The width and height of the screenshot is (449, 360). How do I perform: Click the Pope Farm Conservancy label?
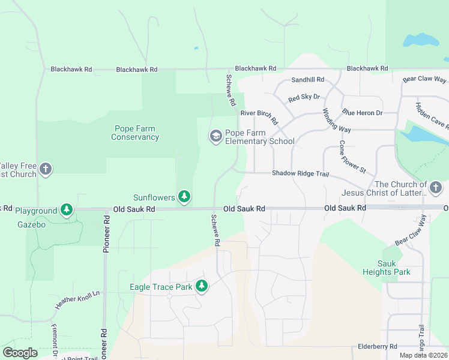[x=135, y=133]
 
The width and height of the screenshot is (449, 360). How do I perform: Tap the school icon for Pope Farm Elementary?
[x=215, y=137]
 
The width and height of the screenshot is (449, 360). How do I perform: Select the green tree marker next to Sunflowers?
[x=184, y=197]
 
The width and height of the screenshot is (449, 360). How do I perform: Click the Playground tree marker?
[x=67, y=210]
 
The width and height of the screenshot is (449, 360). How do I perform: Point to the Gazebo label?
[x=31, y=224]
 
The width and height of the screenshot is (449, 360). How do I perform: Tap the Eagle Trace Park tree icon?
[x=202, y=287]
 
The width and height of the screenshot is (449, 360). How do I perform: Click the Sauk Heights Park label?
[x=387, y=268]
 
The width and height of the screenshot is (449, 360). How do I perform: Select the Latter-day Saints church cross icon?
[x=436, y=188]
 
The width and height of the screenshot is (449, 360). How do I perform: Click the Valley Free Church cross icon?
[x=46, y=170]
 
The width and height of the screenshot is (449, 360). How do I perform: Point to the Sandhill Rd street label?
[x=307, y=79]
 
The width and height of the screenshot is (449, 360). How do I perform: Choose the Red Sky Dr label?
[x=304, y=97]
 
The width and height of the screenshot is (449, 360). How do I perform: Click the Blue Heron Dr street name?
[x=362, y=112]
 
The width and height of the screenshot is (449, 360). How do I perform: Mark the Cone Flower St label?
[x=352, y=157]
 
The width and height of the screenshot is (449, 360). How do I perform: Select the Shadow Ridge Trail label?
[x=300, y=173]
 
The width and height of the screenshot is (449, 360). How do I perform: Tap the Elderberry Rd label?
[x=377, y=346]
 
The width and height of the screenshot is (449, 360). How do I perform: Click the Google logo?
[x=20, y=353]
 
